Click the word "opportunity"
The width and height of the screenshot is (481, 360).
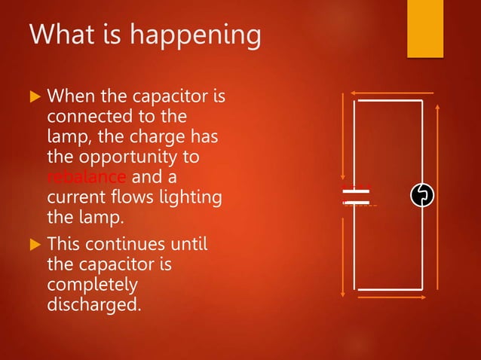[142, 157]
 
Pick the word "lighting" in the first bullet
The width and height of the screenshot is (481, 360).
[188, 197]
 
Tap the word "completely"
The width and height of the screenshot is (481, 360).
[92, 285]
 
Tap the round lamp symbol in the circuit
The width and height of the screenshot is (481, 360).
[423, 196]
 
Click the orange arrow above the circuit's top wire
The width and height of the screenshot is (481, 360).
[392, 93]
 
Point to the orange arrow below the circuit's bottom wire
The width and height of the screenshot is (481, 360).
[392, 297]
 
